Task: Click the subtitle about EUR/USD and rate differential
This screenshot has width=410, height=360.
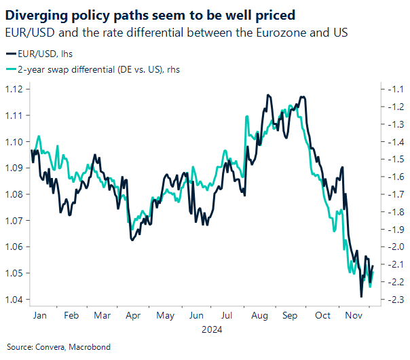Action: click(x=183, y=31)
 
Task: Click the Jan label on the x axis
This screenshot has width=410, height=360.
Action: click(x=40, y=316)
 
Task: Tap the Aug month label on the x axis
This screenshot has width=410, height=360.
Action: click(x=259, y=316)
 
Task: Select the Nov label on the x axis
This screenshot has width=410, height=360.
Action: click(x=353, y=316)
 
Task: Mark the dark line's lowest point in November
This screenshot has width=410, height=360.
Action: click(x=360, y=297)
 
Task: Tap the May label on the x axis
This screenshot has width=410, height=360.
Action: click(x=165, y=316)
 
